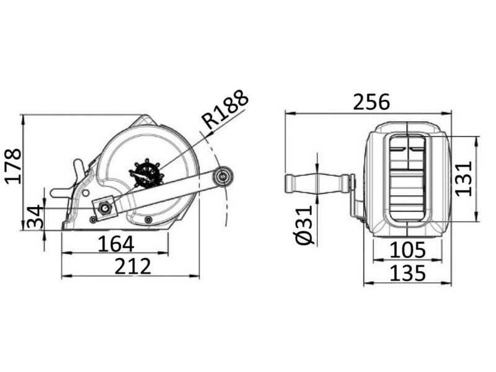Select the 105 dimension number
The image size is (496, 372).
[407, 250]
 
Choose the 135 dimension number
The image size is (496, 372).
[407, 272]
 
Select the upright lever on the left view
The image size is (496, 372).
[79, 169]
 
